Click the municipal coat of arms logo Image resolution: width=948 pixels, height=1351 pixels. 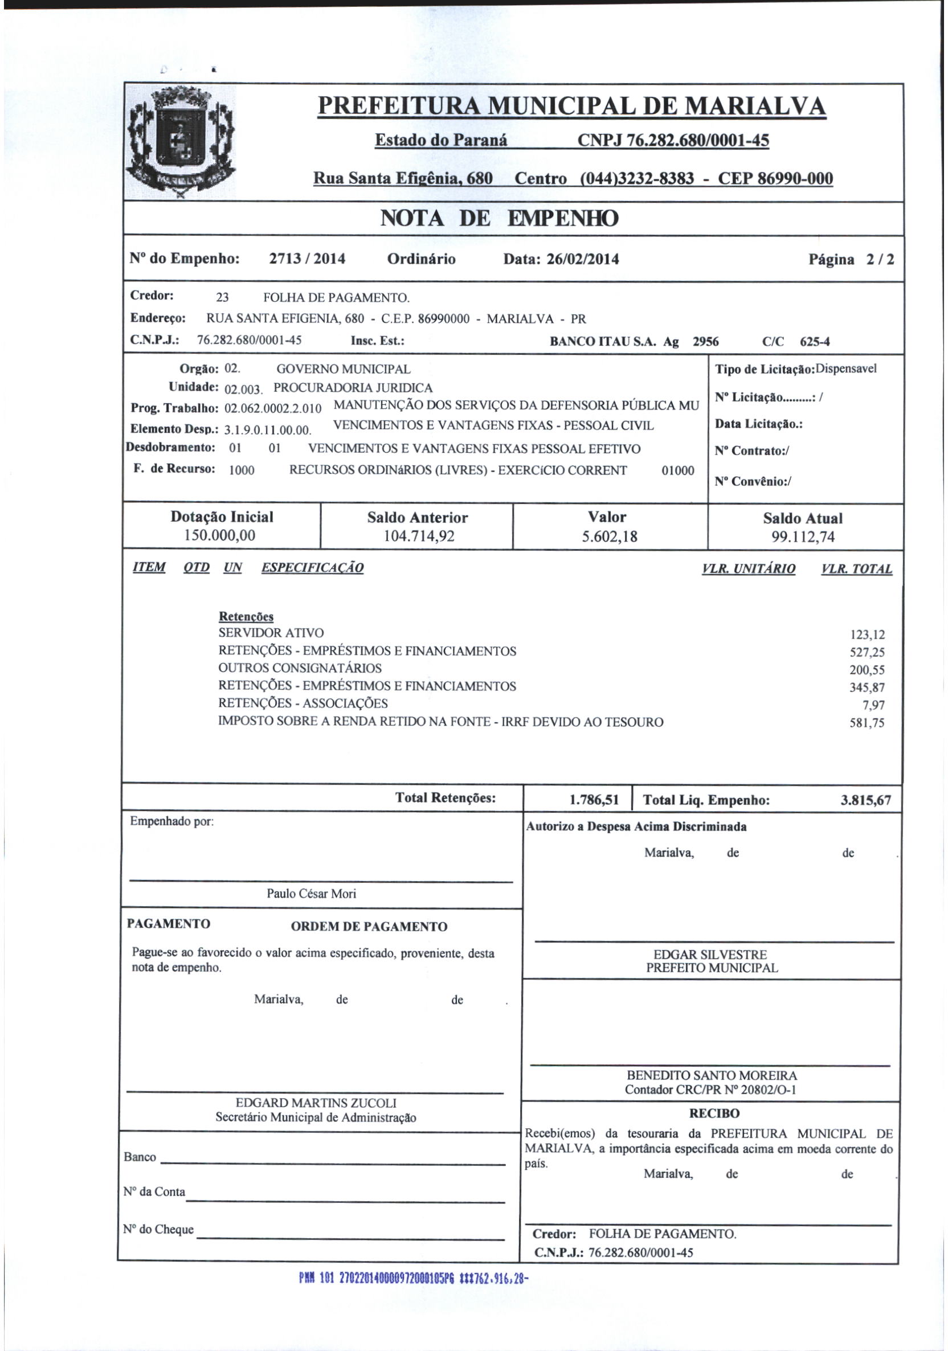(x=181, y=142)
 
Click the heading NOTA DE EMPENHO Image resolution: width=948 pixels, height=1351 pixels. (x=499, y=218)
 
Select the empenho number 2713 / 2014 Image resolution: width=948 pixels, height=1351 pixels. (x=307, y=259)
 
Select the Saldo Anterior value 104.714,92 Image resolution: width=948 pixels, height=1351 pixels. (x=418, y=536)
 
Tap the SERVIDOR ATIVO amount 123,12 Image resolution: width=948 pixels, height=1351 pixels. (x=867, y=634)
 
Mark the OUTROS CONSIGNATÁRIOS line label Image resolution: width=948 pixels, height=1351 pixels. (x=300, y=668)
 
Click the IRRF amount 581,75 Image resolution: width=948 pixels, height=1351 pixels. (x=867, y=723)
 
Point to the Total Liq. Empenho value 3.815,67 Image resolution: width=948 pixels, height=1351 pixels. (x=865, y=800)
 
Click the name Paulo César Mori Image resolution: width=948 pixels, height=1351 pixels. (x=311, y=893)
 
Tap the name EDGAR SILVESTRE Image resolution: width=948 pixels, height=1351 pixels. (x=710, y=955)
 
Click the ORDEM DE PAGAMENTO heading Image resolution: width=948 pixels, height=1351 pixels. (x=369, y=926)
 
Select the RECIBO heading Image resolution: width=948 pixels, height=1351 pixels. (x=714, y=1113)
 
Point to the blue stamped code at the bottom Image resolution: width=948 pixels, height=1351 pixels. (x=411, y=1278)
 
